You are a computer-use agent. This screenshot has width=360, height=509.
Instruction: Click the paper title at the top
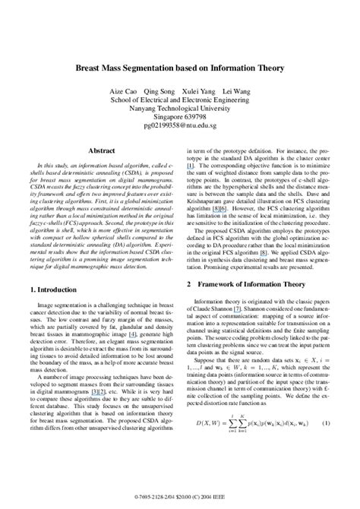[179, 68]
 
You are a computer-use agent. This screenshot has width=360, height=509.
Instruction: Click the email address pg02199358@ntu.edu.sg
[179, 126]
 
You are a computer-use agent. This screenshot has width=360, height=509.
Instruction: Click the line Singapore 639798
[179, 117]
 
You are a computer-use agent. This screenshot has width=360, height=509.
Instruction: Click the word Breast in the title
[90, 68]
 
